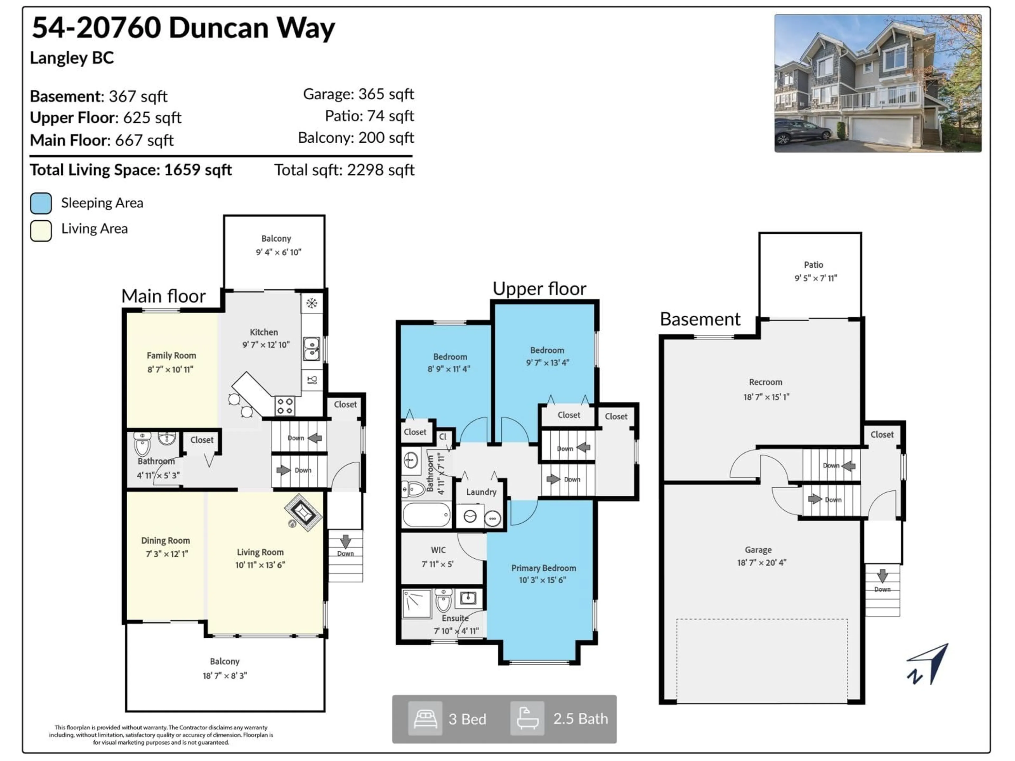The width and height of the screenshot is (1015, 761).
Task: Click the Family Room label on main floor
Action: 171,355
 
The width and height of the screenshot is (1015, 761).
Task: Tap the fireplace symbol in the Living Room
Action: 303,512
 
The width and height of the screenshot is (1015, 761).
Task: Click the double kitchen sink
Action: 312,349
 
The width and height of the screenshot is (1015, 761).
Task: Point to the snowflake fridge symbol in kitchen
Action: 312,303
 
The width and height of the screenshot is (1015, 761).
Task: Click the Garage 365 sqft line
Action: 358,94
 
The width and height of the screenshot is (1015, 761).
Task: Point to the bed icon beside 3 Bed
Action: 425,719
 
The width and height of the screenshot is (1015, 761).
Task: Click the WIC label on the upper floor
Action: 438,550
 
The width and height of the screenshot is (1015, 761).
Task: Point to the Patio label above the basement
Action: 813,265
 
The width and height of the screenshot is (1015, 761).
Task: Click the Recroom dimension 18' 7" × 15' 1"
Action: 766,397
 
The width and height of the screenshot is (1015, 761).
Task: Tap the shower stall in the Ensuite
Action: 417,604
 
